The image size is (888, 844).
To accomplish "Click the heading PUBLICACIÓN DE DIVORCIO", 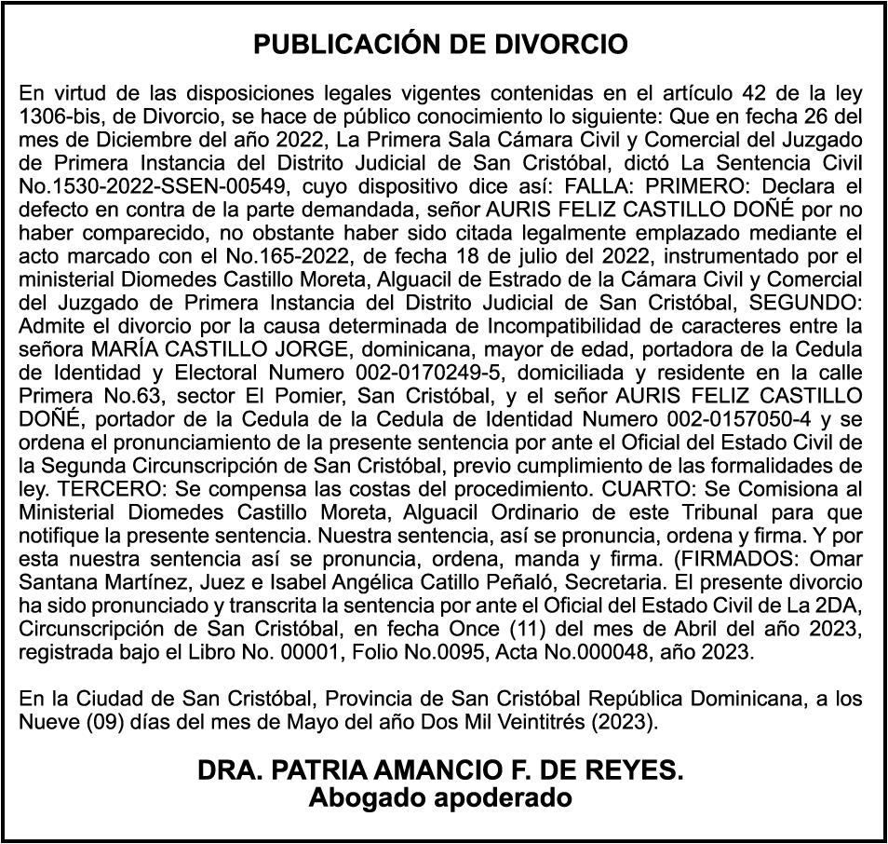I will pyautogui.click(x=441, y=45).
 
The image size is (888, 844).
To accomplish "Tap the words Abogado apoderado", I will pyautogui.click(x=440, y=798).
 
